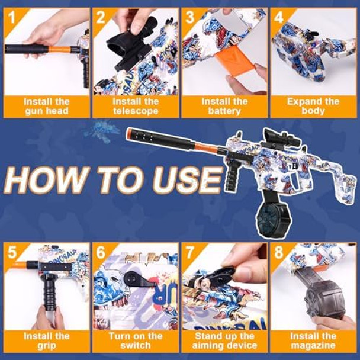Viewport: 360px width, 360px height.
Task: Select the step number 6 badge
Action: coord(101,252)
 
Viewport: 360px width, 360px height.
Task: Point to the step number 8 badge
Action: coord(278,252)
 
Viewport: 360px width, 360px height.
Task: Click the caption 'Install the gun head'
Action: coord(47,107)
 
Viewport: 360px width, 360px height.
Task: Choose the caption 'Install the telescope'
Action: coord(136,107)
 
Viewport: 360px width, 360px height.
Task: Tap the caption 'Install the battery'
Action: coord(224,107)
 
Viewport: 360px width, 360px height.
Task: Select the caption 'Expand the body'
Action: coord(314,107)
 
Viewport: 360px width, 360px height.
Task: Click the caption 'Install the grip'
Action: coord(47,340)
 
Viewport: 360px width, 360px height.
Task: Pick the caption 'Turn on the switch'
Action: coord(136,340)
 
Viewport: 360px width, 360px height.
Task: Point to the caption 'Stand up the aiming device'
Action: coord(224,340)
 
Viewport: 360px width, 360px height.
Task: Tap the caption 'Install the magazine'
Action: coord(314,340)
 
